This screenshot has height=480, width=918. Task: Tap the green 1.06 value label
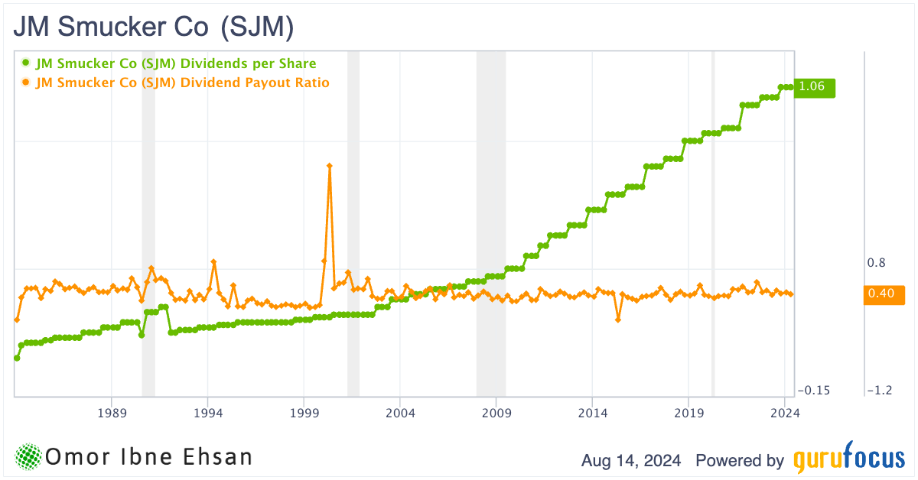[813, 87]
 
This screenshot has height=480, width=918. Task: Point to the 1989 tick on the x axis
[112, 414]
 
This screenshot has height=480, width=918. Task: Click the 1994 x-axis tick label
[208, 414]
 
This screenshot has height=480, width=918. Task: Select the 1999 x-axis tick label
[304, 414]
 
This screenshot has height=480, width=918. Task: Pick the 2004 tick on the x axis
[400, 414]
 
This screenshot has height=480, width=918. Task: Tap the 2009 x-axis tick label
[496, 414]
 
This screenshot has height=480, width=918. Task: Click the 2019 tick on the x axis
[688, 414]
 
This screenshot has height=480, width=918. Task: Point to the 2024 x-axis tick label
[785, 414]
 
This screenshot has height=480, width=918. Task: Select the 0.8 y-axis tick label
[876, 263]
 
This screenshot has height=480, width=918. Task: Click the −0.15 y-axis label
[812, 391]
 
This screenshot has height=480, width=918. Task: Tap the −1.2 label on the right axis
[880, 391]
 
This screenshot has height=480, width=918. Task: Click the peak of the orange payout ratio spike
[330, 165]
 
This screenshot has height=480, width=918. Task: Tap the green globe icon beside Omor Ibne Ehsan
[29, 457]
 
